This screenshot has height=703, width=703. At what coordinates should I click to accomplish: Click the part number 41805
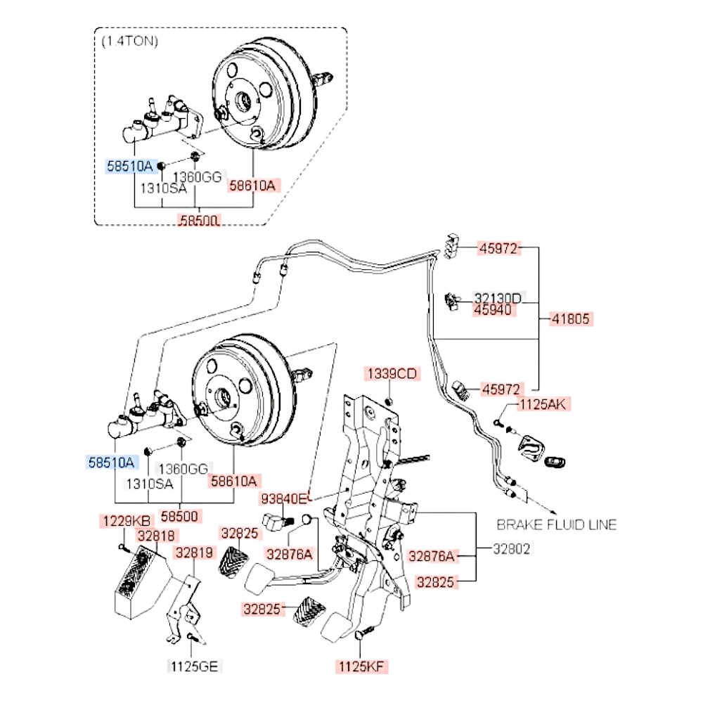click(573, 318)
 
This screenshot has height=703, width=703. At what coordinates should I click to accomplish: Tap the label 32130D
click(497, 298)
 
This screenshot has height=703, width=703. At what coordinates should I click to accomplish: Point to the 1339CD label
click(391, 373)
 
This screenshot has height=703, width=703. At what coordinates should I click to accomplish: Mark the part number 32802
click(511, 548)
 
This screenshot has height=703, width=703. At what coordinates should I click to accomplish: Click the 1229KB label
click(124, 521)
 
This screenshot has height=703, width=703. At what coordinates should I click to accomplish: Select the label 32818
click(156, 535)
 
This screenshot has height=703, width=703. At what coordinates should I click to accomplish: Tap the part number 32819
click(194, 553)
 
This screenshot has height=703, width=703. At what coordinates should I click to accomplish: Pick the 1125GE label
click(190, 665)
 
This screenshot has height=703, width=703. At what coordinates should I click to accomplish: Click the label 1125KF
click(363, 666)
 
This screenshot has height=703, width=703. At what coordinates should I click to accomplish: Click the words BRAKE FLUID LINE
click(557, 524)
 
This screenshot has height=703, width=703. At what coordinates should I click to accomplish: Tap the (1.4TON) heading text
click(130, 41)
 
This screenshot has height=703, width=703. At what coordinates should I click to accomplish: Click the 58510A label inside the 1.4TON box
click(129, 166)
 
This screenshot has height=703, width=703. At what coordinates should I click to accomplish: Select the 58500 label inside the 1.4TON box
click(200, 221)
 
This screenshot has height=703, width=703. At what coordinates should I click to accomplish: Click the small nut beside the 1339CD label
click(390, 401)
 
